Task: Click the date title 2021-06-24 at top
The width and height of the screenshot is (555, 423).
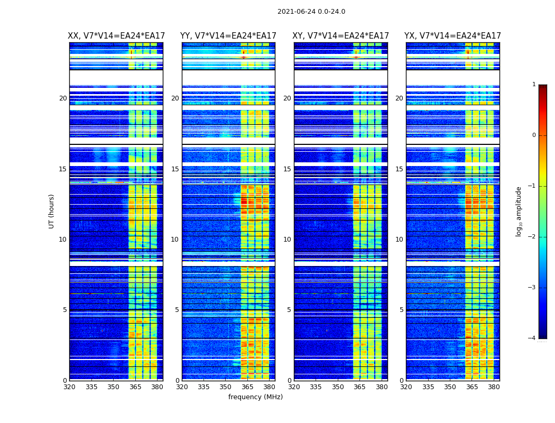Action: click(311, 12)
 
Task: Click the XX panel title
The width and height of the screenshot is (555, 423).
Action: click(116, 36)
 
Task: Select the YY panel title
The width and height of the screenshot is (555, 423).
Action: click(228, 36)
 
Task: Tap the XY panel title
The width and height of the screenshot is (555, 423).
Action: click(341, 36)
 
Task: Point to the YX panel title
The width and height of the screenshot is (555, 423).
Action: click(452, 36)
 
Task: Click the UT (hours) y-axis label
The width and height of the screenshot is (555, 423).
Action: click(52, 211)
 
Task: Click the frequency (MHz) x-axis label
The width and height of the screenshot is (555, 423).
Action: click(255, 397)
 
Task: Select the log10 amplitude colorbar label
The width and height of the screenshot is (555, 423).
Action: click(519, 211)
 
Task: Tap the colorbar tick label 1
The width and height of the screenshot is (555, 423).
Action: click(534, 85)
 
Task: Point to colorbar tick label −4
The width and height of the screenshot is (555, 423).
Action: click(533, 338)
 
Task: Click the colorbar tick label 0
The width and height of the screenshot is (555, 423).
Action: click(534, 135)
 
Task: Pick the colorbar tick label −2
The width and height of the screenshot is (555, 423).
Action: click(533, 237)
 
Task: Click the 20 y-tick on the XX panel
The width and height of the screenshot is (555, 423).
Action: click(63, 98)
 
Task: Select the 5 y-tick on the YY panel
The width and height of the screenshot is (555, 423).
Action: click(177, 310)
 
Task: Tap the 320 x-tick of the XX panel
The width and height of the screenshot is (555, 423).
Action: click(69, 387)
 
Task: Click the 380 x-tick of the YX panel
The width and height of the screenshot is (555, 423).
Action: click(494, 387)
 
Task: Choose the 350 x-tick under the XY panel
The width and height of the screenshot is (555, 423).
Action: click(338, 387)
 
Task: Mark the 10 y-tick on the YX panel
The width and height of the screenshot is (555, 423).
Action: click(399, 240)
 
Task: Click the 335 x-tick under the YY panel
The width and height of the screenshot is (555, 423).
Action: click(203, 387)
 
